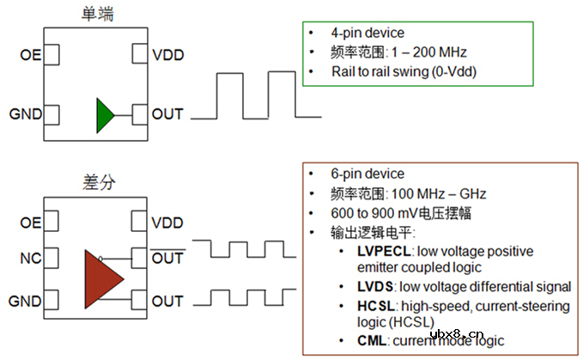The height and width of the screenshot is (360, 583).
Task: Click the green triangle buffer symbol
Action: (x=105, y=114)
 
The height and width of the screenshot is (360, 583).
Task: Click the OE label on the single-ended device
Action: (x=29, y=56)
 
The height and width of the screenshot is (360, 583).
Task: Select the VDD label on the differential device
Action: (x=167, y=223)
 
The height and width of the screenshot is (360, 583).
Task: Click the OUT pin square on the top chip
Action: (x=139, y=113)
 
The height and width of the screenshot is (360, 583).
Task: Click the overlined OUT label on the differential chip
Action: (x=167, y=256)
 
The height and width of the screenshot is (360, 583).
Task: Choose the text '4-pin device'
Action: (x=367, y=33)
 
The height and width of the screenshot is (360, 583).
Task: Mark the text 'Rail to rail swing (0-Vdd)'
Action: (x=404, y=70)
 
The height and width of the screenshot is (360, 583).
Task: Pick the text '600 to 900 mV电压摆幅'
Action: (x=402, y=212)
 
